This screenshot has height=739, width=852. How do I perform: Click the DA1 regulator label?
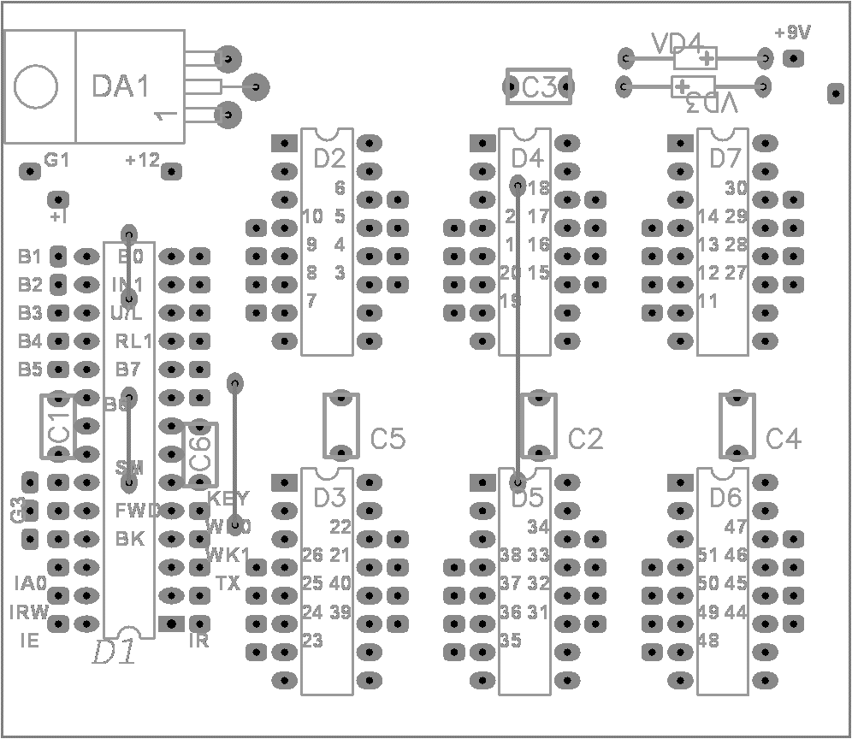[121, 86]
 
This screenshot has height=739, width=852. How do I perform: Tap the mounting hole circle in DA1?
[37, 86]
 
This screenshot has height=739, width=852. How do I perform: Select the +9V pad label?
[792, 33]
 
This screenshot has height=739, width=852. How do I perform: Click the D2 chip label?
[328, 158]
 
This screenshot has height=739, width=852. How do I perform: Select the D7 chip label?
[725, 158]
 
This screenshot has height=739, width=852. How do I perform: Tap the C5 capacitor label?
[388, 439]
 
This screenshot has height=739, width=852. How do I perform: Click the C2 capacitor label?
[586, 439]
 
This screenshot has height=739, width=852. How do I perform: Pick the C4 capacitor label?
[784, 439]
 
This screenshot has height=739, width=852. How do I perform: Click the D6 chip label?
[725, 497]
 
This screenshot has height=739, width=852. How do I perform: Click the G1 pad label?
[57, 160]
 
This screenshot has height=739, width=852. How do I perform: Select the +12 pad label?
[142, 160]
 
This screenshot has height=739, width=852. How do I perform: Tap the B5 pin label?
[30, 369]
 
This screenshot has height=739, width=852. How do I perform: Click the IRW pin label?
[29, 612]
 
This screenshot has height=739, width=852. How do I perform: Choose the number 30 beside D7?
[736, 188]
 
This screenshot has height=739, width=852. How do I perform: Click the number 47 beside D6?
[736, 527]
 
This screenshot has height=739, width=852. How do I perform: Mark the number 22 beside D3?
[340, 527]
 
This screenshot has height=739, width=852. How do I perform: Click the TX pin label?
[228, 583]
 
